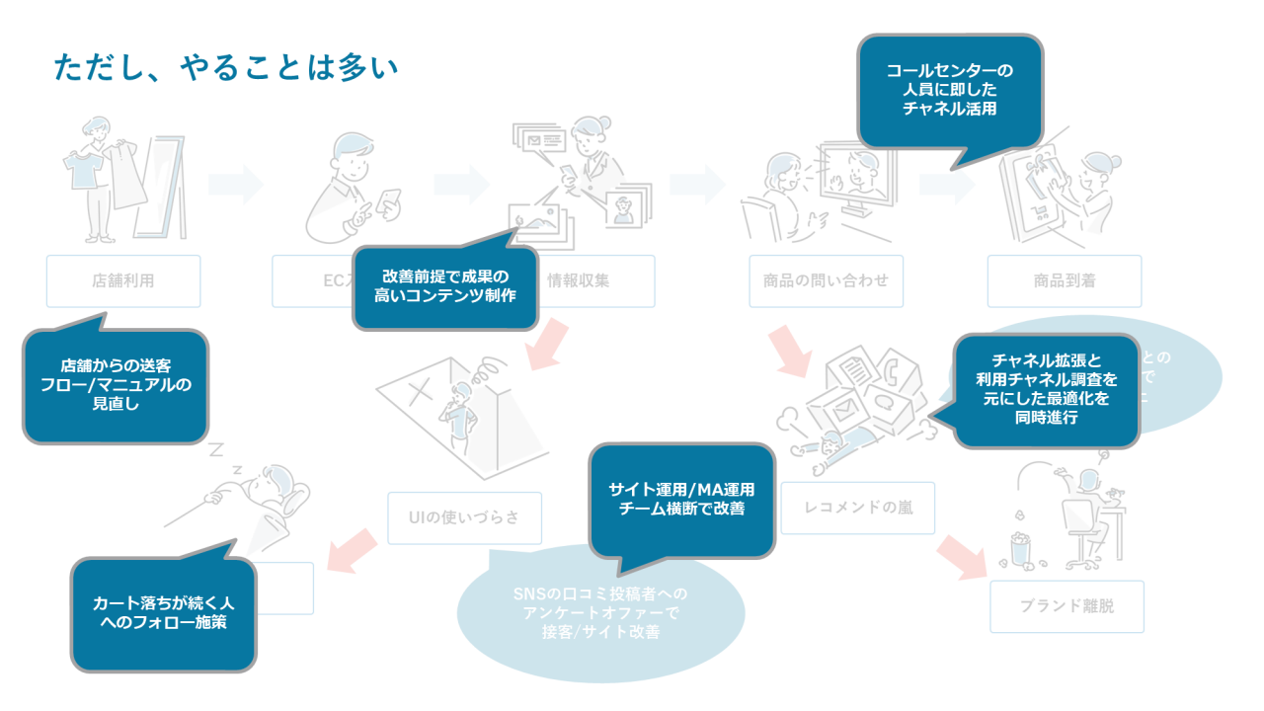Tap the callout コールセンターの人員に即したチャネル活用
coord(949,91)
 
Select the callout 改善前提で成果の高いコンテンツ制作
coord(445,286)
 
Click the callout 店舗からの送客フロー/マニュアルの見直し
coord(115,385)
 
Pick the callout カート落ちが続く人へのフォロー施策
coord(163,613)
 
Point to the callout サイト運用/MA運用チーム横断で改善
coord(681,500)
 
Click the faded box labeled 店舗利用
coord(123,280)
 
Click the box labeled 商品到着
coord(1065,280)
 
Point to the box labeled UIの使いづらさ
coord(464,517)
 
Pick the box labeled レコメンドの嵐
coord(857,509)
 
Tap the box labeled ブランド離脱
coord(1066,605)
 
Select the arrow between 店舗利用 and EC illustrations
coord(236,184)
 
